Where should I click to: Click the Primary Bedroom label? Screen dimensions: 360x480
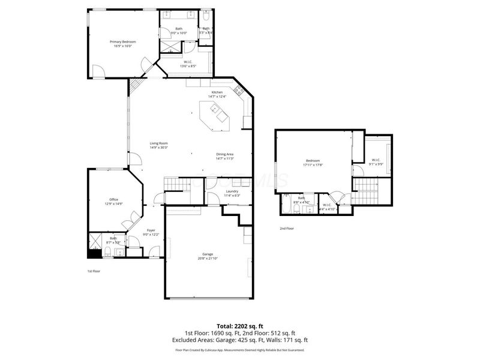click(122, 41)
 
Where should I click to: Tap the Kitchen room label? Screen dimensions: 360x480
click(217, 92)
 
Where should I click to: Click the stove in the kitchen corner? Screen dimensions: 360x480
click(239, 91)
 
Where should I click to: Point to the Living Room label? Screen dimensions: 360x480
click(158, 143)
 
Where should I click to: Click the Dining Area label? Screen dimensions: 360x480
click(224, 155)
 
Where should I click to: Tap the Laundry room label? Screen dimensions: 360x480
click(232, 192)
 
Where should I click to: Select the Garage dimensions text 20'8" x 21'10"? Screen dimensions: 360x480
click(208, 259)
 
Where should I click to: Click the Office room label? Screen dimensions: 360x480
click(113, 200)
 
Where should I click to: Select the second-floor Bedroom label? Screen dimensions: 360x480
click(313, 161)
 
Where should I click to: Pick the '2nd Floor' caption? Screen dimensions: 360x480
click(287, 229)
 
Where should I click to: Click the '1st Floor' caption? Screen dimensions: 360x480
click(93, 271)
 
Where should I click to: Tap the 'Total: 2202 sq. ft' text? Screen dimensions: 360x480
click(239, 326)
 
